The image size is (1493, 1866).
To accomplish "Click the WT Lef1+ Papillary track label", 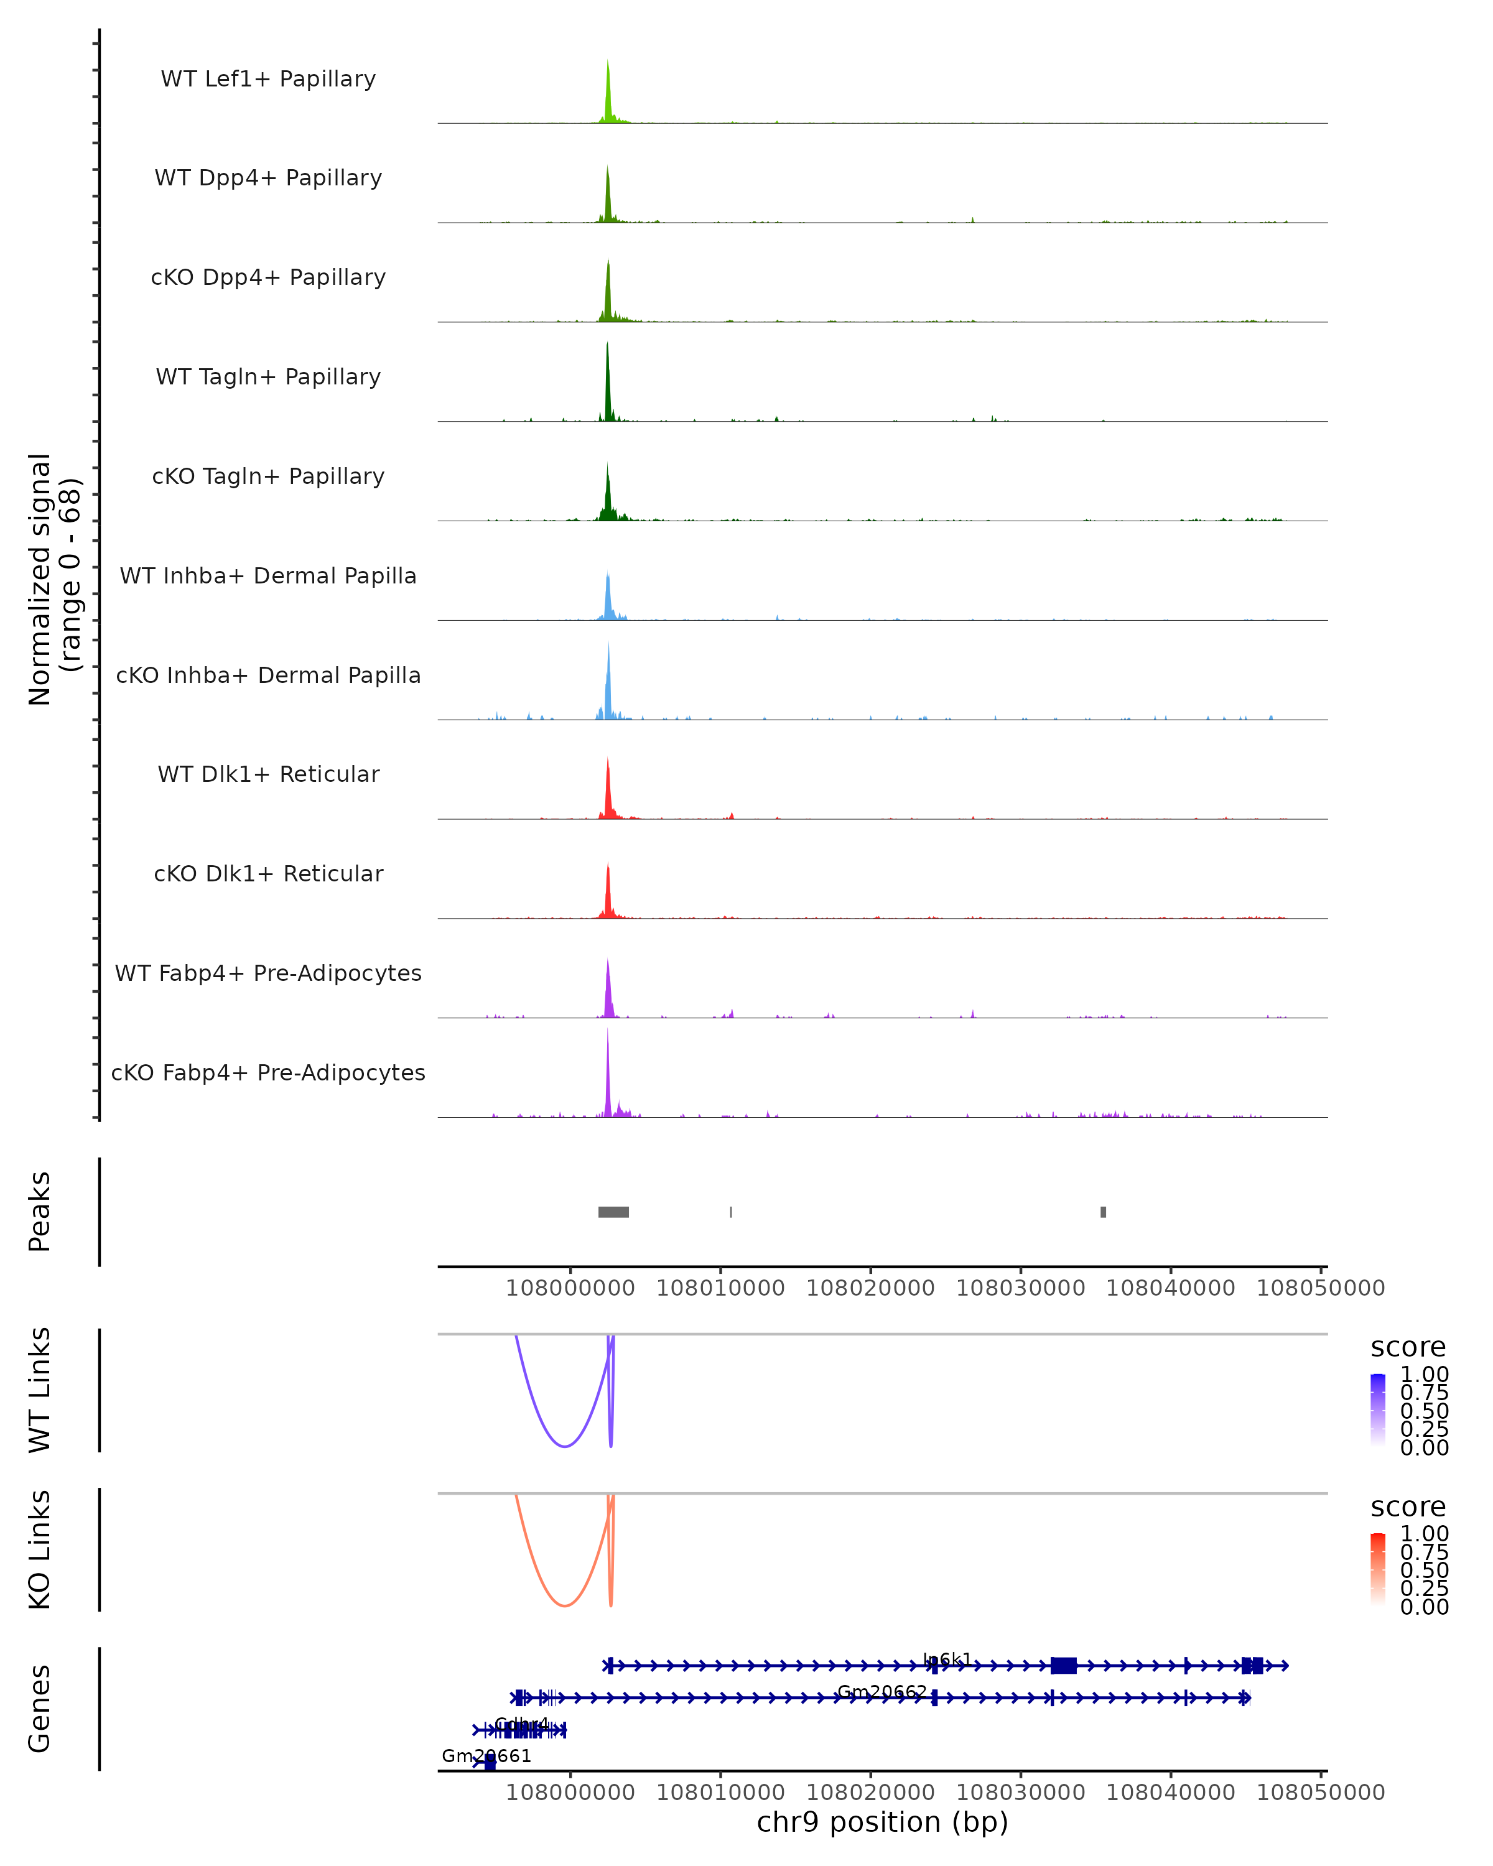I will coord(268,79).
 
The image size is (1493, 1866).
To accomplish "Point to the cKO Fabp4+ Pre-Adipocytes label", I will coord(268,1072).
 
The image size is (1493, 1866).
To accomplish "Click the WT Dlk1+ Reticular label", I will coord(268,774).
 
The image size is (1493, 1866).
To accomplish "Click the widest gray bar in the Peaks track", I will coord(613,1212).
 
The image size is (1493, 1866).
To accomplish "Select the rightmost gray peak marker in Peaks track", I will coord(1103,1212).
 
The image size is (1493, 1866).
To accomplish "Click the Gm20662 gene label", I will coord(882,1691).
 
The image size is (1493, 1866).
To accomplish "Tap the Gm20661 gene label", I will coord(486,1755).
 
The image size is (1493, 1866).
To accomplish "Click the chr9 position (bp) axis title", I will coord(882,1822).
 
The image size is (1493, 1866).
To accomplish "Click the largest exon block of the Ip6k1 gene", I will coord(1063,1665).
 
